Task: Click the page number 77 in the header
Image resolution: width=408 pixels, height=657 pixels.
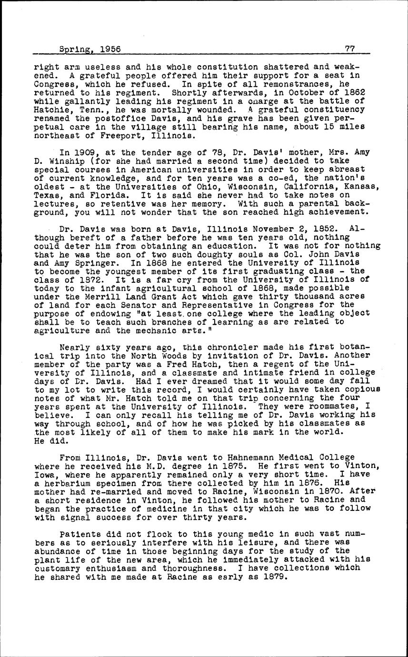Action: pyautogui.click(x=350, y=49)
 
